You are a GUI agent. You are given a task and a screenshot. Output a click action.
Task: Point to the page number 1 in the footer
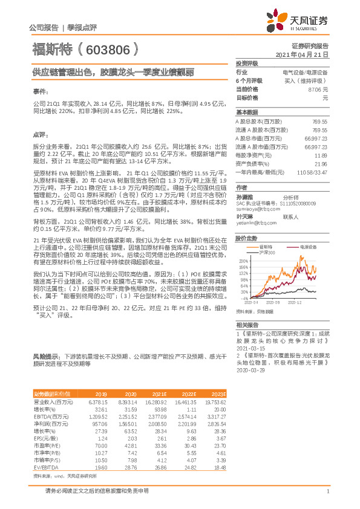point(327,498)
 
